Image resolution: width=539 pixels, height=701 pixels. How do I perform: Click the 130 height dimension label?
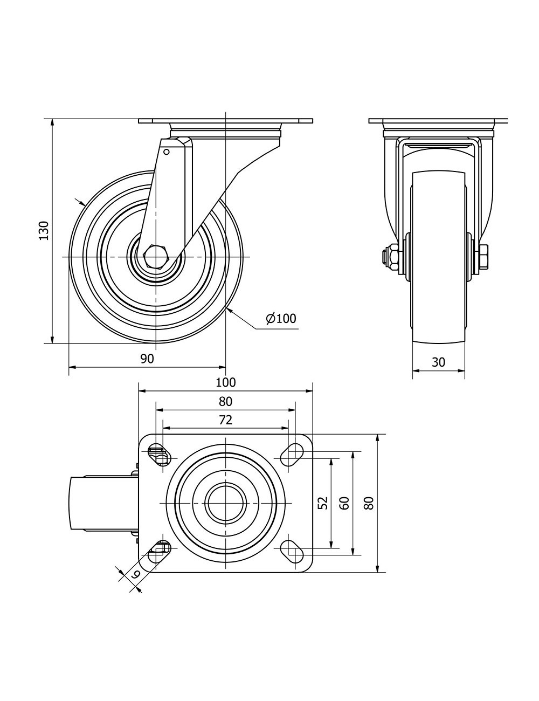pos(44,231)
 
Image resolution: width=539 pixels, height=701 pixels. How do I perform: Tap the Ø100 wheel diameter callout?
pos(281,318)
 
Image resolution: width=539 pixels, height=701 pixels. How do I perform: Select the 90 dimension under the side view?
pos(147,359)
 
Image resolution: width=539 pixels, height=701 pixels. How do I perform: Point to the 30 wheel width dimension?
pos(438,362)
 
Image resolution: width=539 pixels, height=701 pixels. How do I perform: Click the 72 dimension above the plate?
pos(225,420)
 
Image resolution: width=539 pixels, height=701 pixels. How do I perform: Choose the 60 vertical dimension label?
pos(344,503)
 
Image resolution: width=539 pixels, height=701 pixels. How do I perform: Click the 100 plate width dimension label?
pos(226,382)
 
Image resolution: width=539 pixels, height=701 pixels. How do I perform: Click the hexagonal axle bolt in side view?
pos(155,257)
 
